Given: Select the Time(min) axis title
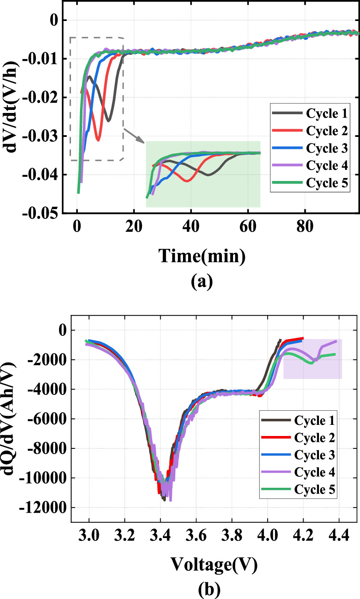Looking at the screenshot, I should [x=202, y=256].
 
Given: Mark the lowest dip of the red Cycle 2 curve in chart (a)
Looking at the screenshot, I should [x=98, y=140].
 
